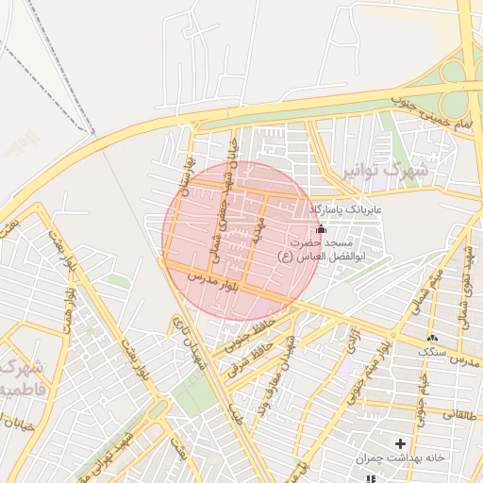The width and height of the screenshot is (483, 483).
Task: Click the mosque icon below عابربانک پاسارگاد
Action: coord(321,228)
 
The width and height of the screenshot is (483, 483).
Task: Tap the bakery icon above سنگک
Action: coord(432,337)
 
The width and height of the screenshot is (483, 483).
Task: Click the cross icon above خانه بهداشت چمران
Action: coord(401,443)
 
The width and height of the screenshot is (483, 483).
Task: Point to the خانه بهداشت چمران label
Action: coord(400,458)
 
